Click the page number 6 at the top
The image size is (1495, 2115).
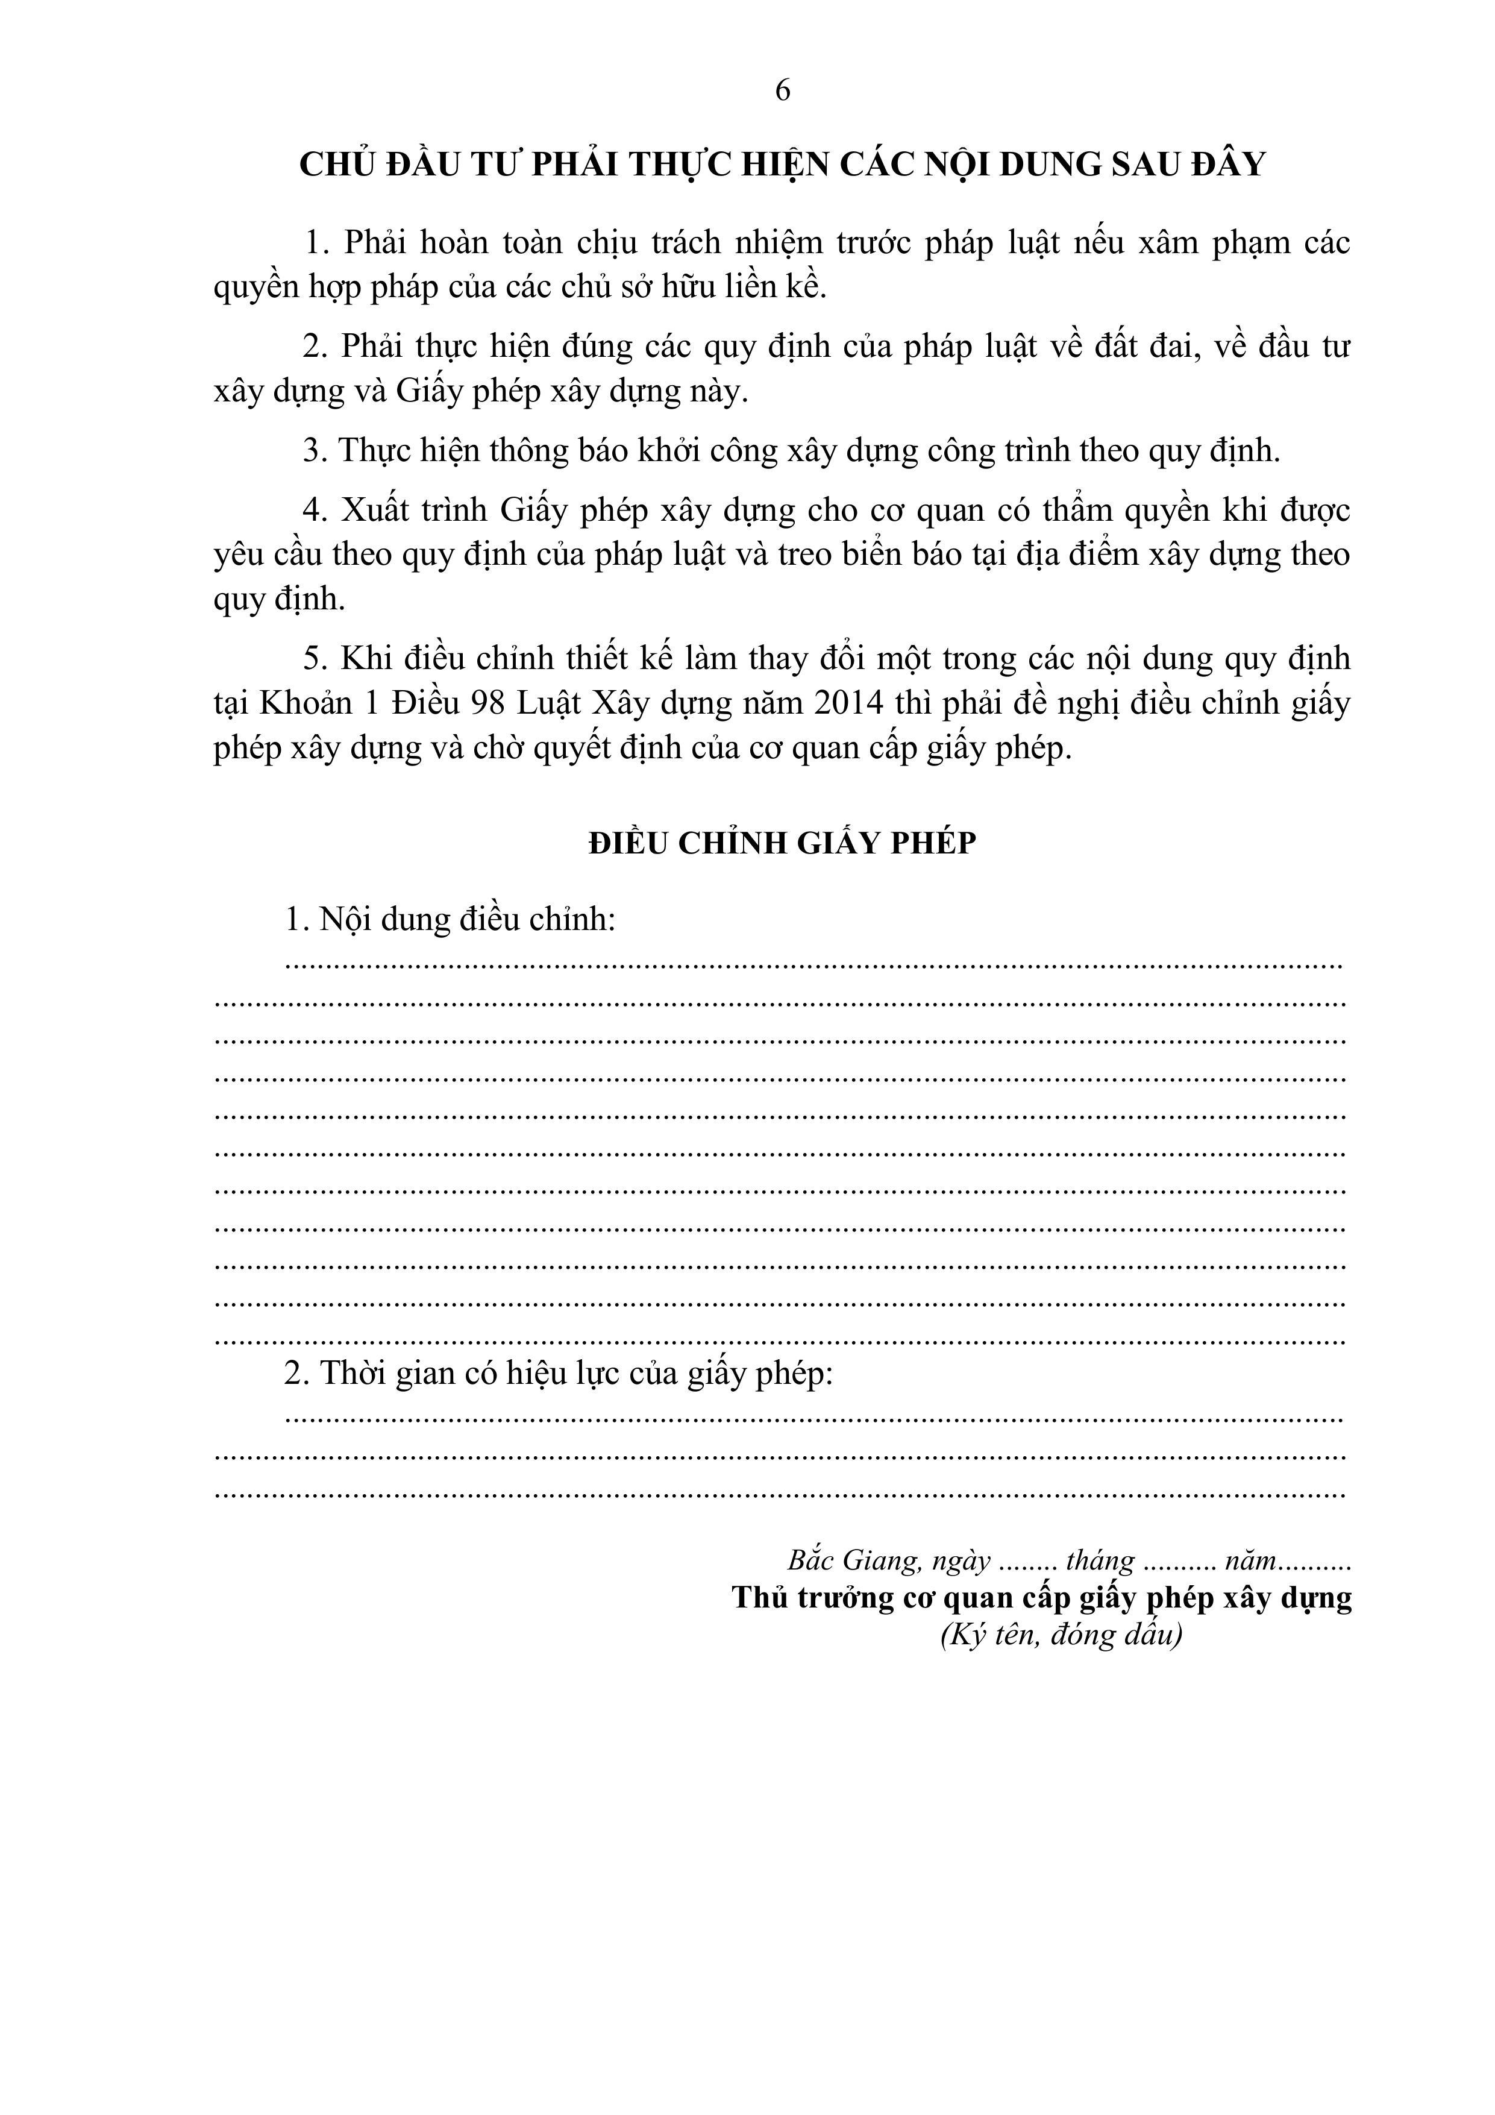(782, 90)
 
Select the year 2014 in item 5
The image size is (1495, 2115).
(848, 704)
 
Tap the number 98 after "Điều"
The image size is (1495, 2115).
(487, 704)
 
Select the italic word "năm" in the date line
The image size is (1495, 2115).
(1250, 1560)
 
